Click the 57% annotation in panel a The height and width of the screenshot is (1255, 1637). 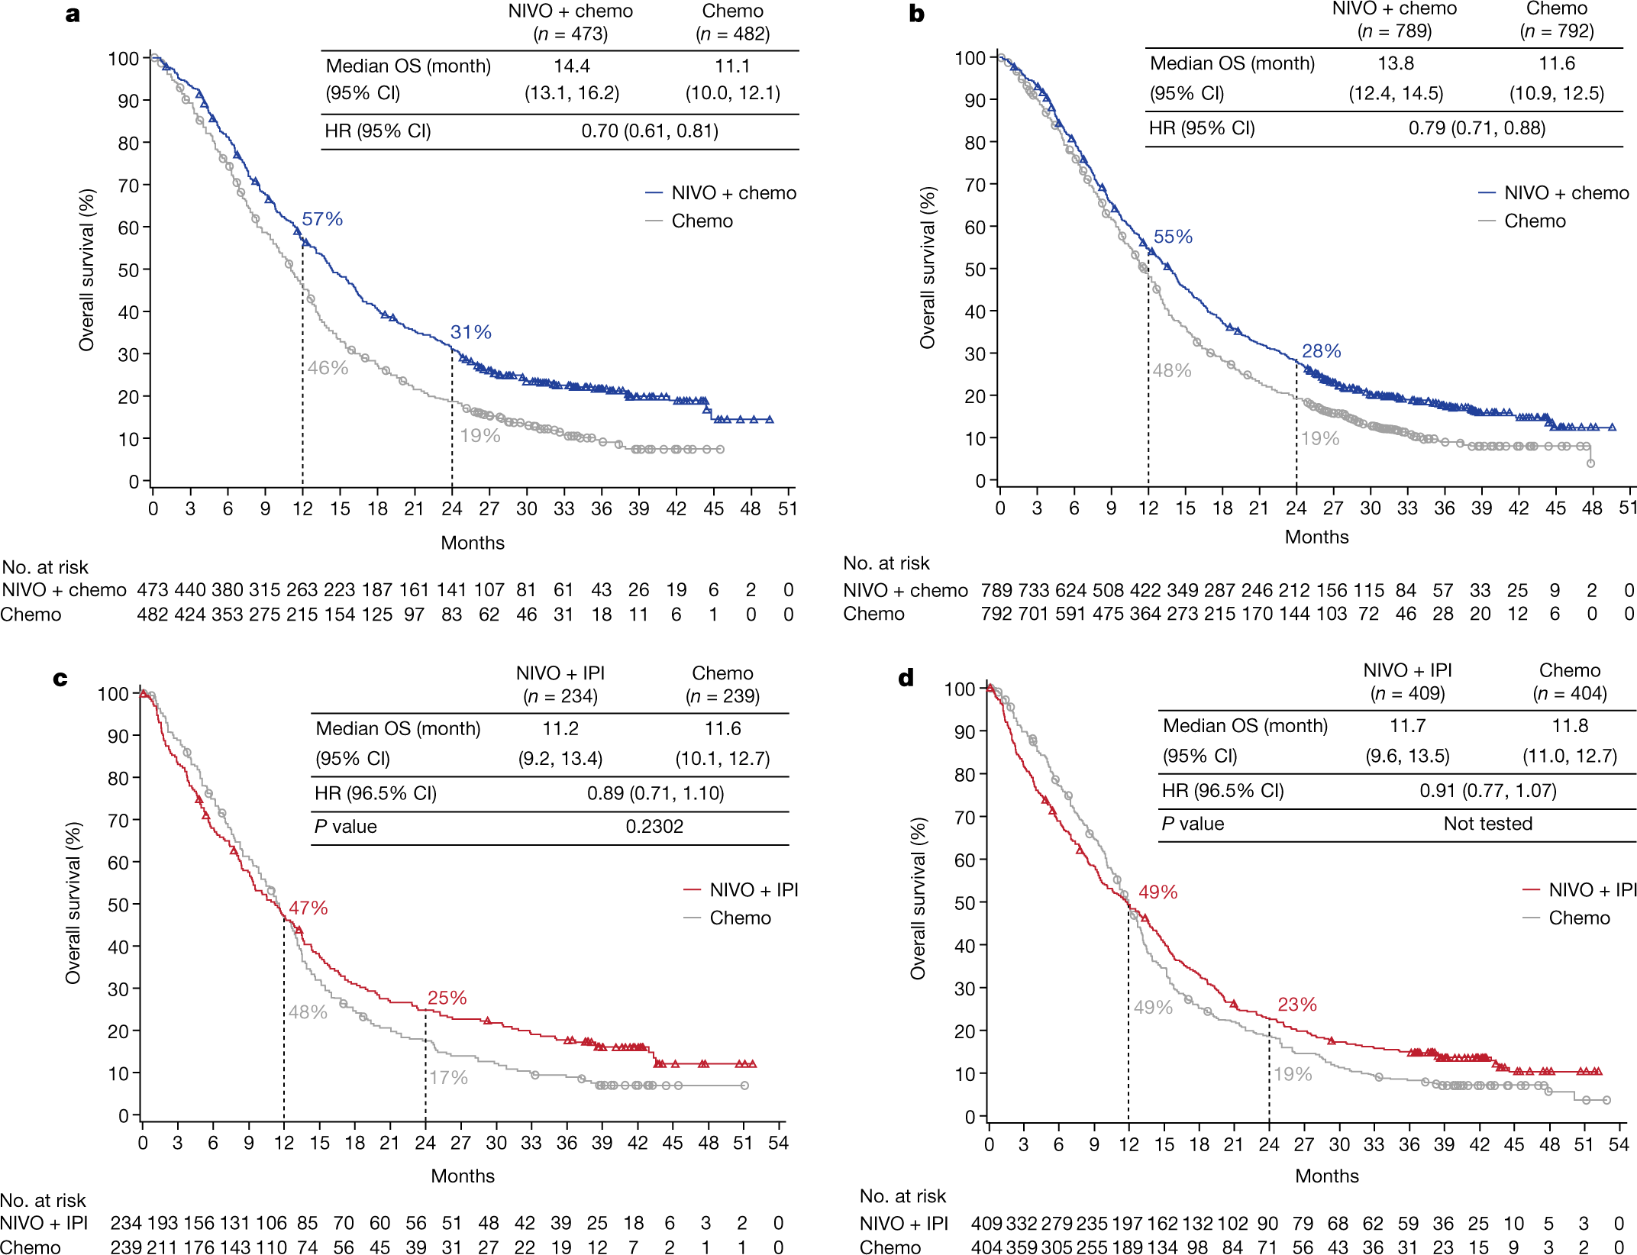[321, 220]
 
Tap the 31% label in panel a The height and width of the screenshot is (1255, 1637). [470, 333]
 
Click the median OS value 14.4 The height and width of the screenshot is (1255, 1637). [571, 66]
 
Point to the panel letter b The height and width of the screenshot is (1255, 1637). [916, 14]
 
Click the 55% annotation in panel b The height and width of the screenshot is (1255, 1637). [1173, 237]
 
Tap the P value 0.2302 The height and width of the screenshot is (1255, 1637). [654, 827]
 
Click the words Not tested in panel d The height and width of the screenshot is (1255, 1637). [1487, 824]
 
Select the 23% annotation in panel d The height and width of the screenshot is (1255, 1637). [1297, 1005]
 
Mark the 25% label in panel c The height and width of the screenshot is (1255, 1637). [447, 999]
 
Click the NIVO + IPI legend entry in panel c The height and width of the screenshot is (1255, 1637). [753, 890]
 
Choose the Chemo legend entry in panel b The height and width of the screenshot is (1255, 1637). [1535, 221]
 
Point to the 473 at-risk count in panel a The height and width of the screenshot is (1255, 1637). [152, 590]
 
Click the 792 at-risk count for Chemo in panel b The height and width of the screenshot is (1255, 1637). [996, 614]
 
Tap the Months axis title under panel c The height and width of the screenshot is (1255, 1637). [463, 1176]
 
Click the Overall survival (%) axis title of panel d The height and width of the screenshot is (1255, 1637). [918, 899]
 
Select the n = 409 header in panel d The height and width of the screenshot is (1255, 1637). [1407, 693]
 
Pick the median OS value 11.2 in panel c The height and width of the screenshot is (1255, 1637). [560, 729]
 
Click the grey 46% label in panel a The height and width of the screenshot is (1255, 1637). [328, 369]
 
